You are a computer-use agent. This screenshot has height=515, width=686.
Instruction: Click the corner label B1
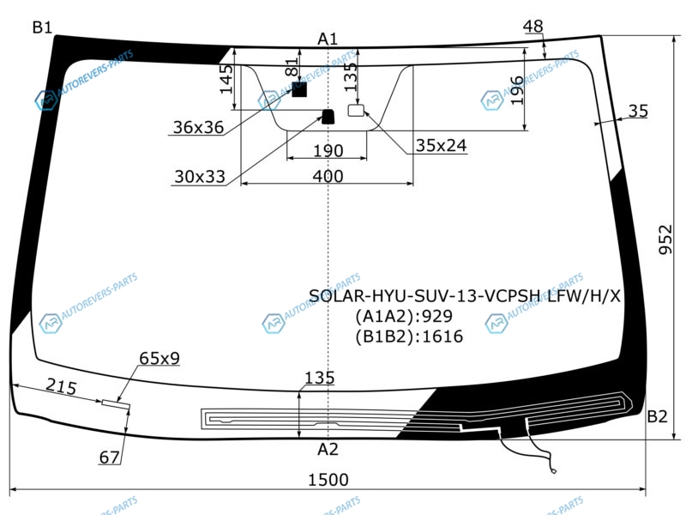click(42, 27)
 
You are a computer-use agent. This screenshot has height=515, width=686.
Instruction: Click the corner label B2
click(657, 417)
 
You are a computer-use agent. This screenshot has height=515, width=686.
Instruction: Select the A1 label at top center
click(328, 38)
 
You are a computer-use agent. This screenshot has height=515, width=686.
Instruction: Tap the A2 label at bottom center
click(328, 449)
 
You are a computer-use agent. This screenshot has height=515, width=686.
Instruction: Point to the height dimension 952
click(666, 239)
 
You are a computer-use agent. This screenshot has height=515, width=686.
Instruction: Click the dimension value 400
click(328, 176)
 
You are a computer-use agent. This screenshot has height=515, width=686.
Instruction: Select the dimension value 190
click(328, 151)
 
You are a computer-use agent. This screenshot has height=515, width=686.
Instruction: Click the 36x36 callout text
click(198, 127)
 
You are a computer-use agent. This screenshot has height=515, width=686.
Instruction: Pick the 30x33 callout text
click(199, 177)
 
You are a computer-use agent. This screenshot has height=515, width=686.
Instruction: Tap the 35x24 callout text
click(441, 146)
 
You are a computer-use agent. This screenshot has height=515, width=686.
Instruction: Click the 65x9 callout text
click(159, 358)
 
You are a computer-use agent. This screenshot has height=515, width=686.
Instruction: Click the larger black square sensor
click(299, 89)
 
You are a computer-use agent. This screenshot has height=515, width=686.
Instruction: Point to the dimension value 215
click(62, 387)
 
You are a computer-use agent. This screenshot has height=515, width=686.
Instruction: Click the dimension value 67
click(109, 457)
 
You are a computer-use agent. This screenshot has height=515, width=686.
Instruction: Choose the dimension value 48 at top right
click(533, 27)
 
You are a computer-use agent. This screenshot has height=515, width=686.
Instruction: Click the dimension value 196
click(516, 90)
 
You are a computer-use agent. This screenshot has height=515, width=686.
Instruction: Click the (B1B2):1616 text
click(409, 336)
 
